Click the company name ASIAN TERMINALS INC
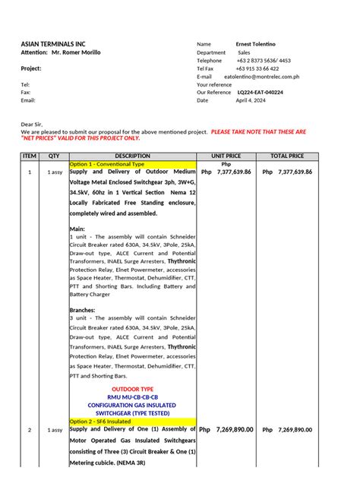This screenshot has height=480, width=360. pyautogui.click(x=53, y=45)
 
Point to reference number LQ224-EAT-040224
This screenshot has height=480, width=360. pyautogui.click(x=260, y=93)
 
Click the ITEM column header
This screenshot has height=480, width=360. pyautogui.click(x=30, y=156)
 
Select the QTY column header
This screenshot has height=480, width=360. pyautogui.click(x=54, y=156)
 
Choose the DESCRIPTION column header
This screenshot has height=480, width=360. pyautogui.click(x=132, y=156)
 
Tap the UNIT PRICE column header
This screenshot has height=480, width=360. pyautogui.click(x=226, y=156)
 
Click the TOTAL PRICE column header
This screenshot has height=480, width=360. pyautogui.click(x=287, y=156)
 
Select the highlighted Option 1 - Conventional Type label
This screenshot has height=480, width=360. pyautogui.click(x=107, y=164)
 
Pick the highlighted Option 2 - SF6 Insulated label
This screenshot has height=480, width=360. pyautogui.click(x=102, y=421)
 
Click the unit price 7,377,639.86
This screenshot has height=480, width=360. pyautogui.click(x=234, y=172)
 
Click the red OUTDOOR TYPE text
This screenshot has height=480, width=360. pyautogui.click(x=132, y=389)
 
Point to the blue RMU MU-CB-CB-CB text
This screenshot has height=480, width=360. pyautogui.click(x=132, y=397)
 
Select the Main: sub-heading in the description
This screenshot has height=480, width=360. pyautogui.click(x=77, y=228)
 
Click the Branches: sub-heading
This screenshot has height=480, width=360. pyautogui.click(x=84, y=310)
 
